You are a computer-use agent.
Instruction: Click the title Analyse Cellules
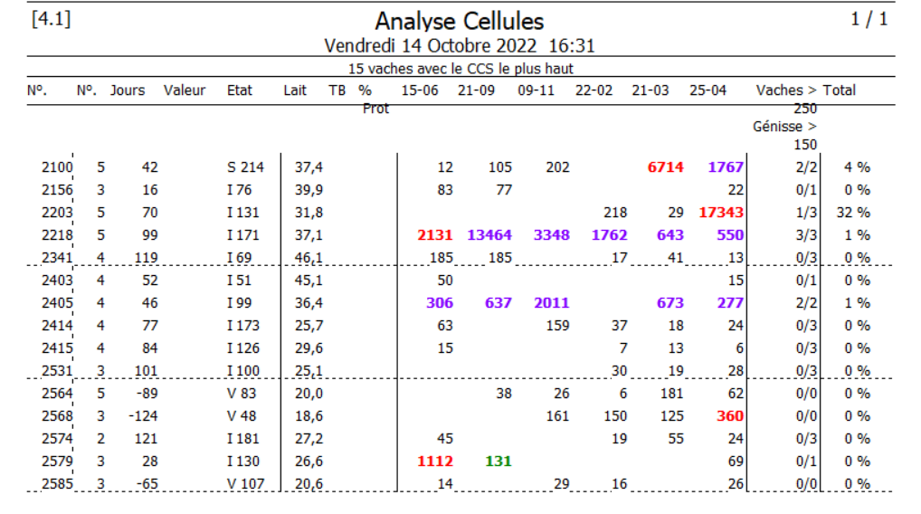point(460,21)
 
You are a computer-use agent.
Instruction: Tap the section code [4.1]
point(51,19)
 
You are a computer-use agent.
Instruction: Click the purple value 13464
point(489,235)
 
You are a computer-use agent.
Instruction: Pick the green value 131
point(498,462)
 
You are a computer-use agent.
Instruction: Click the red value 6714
point(666,167)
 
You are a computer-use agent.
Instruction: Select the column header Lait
point(295,90)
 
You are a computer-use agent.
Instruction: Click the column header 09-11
point(536,90)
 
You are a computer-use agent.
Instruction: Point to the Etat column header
point(240,90)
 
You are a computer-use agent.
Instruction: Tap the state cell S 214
point(245,167)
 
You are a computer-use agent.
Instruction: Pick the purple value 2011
point(551,303)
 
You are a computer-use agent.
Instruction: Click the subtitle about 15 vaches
point(460,69)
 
